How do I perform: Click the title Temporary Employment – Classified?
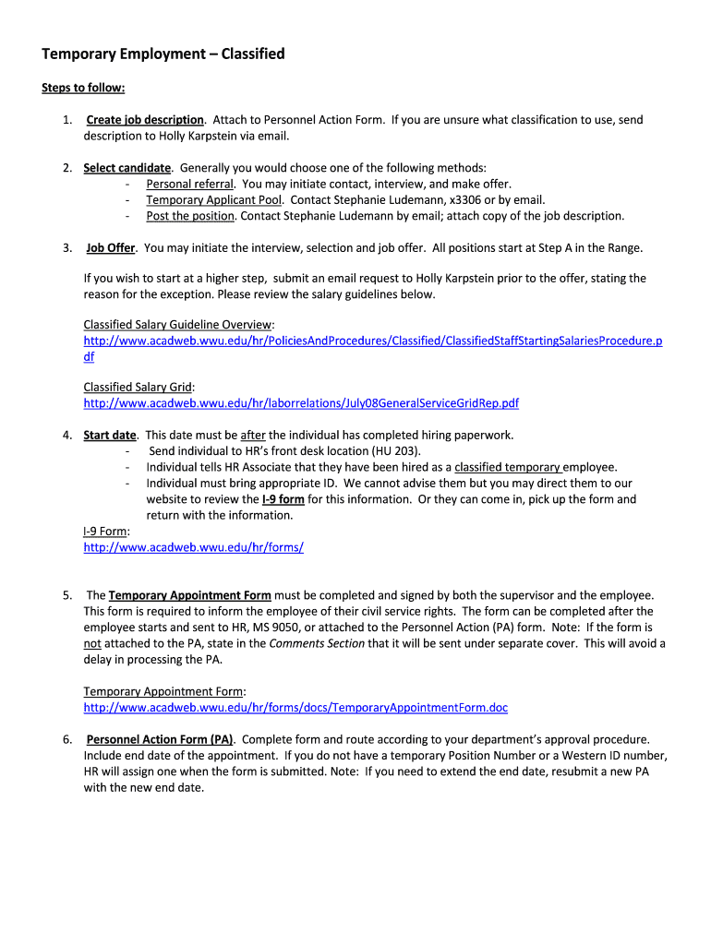[x=163, y=54]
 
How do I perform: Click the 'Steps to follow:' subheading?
[x=83, y=88]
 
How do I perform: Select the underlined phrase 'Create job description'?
[x=145, y=120]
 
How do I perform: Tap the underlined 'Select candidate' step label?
[x=127, y=168]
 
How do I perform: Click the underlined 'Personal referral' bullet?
[x=189, y=184]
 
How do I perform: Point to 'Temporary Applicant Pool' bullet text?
[x=214, y=199]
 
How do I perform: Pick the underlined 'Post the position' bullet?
[x=191, y=216]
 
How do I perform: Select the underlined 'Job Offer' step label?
[x=111, y=248]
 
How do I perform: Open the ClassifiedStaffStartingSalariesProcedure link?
[x=372, y=341]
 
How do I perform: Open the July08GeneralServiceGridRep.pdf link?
[x=301, y=403]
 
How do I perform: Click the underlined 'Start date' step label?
[x=110, y=435]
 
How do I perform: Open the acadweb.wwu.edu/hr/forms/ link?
[x=193, y=547]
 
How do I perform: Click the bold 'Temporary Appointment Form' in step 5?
[x=189, y=595]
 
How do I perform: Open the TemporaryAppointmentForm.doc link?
[x=295, y=708]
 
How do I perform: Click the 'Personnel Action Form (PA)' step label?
[x=160, y=739]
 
